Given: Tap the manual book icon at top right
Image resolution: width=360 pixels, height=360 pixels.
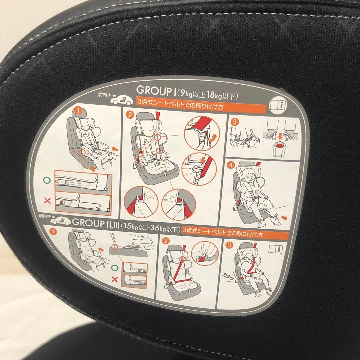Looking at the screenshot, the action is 278,105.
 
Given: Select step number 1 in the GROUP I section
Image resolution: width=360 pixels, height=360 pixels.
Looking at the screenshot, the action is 78,111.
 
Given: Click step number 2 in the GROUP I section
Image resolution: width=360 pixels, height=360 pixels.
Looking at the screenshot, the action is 130,115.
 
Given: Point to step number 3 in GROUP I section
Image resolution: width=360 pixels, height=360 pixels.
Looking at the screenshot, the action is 234,122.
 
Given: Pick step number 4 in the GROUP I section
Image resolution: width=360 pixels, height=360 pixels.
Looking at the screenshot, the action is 231,165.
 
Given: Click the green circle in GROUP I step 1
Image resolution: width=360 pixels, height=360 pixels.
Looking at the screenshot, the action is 47,180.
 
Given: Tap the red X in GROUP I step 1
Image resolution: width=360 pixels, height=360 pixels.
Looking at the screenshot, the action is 48,201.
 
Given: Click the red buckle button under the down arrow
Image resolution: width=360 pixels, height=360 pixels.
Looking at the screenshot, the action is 279,145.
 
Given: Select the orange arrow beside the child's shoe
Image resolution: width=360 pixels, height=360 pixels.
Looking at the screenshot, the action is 284,217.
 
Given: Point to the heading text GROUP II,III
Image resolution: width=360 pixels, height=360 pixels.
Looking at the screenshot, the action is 96,222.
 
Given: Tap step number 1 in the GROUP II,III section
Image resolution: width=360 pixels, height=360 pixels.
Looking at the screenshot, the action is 53,232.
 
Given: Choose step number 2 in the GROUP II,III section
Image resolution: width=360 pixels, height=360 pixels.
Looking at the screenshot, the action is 165,241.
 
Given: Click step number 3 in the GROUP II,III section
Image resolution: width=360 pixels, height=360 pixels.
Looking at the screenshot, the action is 229,245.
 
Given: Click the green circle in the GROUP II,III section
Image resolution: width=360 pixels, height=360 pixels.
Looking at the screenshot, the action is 115,268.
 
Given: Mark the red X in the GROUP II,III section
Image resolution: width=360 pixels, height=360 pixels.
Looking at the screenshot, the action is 115,279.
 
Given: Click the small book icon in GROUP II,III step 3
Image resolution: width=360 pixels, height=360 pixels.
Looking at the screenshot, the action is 276,249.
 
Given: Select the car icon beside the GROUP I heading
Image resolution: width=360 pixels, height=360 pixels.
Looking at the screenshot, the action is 122,100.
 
